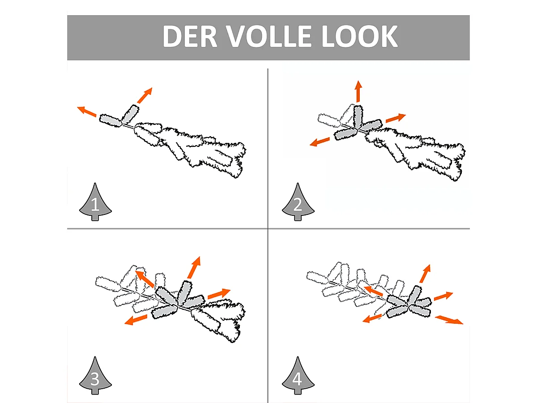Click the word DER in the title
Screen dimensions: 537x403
pyautogui.click(x=190, y=36)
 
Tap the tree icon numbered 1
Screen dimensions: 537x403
pyautogui.click(x=95, y=202)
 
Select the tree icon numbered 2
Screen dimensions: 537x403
pyautogui.click(x=298, y=202)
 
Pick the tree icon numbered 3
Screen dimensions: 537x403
pyautogui.click(x=95, y=375)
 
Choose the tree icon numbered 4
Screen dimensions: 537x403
pyautogui.click(x=298, y=375)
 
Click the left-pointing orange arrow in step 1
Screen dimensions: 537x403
pyautogui.click(x=87, y=111)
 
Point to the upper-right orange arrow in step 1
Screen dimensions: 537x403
pyautogui.click(x=145, y=95)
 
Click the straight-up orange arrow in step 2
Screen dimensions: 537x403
pyautogui.click(x=358, y=91)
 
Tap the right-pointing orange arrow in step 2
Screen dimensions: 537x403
pyautogui.click(x=396, y=118)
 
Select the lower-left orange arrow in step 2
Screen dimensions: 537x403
pyautogui.click(x=320, y=141)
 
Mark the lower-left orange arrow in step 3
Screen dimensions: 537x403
pyautogui.click(x=136, y=320)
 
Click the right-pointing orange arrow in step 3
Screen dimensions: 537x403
pyautogui.click(x=219, y=294)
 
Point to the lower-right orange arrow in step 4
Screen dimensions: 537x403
pyautogui.click(x=449, y=320)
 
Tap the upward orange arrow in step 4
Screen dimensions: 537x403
pyautogui.click(x=425, y=274)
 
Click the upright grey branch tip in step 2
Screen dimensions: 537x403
pyautogui.click(x=358, y=117)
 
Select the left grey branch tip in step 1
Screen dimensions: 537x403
pyautogui.click(x=111, y=120)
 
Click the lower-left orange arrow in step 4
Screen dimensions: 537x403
pyautogui.click(x=372, y=318)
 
